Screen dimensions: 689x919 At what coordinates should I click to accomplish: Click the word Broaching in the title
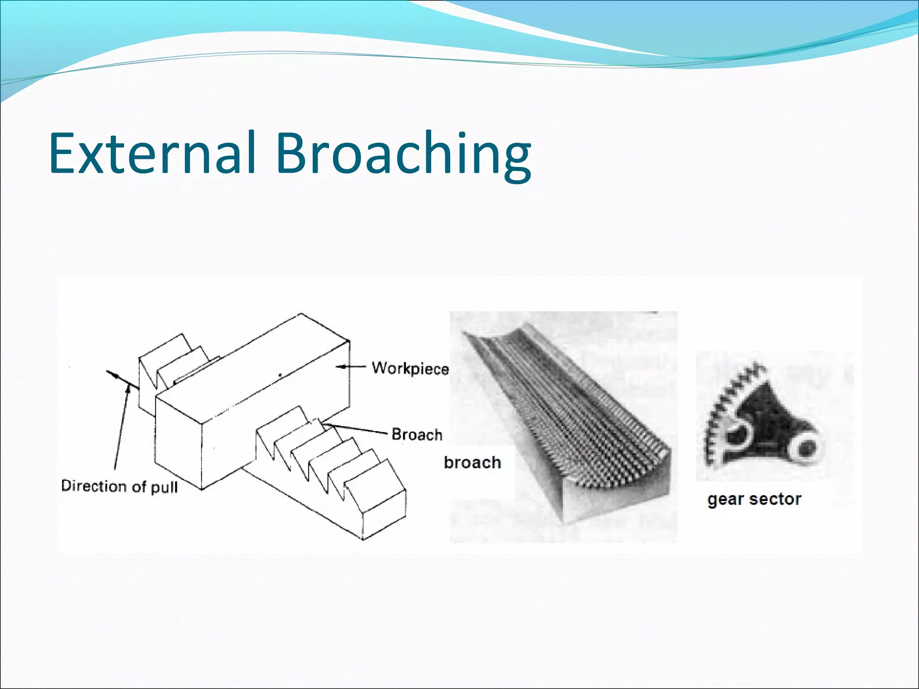pyautogui.click(x=403, y=155)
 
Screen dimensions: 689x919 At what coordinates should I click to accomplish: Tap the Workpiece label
pyautogui.click(x=410, y=368)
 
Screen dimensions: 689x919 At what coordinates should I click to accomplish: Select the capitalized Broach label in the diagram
pyautogui.click(x=417, y=434)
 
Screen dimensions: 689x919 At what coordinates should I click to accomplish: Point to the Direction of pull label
pyautogui.click(x=119, y=486)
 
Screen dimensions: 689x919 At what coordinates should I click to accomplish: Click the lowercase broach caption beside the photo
pyautogui.click(x=472, y=462)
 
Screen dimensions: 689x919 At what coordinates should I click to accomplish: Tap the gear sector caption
pyautogui.click(x=754, y=499)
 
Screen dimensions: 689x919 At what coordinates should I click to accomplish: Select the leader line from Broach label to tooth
pyautogui.click(x=354, y=428)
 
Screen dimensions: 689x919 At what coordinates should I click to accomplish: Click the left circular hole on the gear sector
pyautogui.click(x=736, y=433)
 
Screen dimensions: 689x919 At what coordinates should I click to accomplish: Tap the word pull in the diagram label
pyautogui.click(x=164, y=488)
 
